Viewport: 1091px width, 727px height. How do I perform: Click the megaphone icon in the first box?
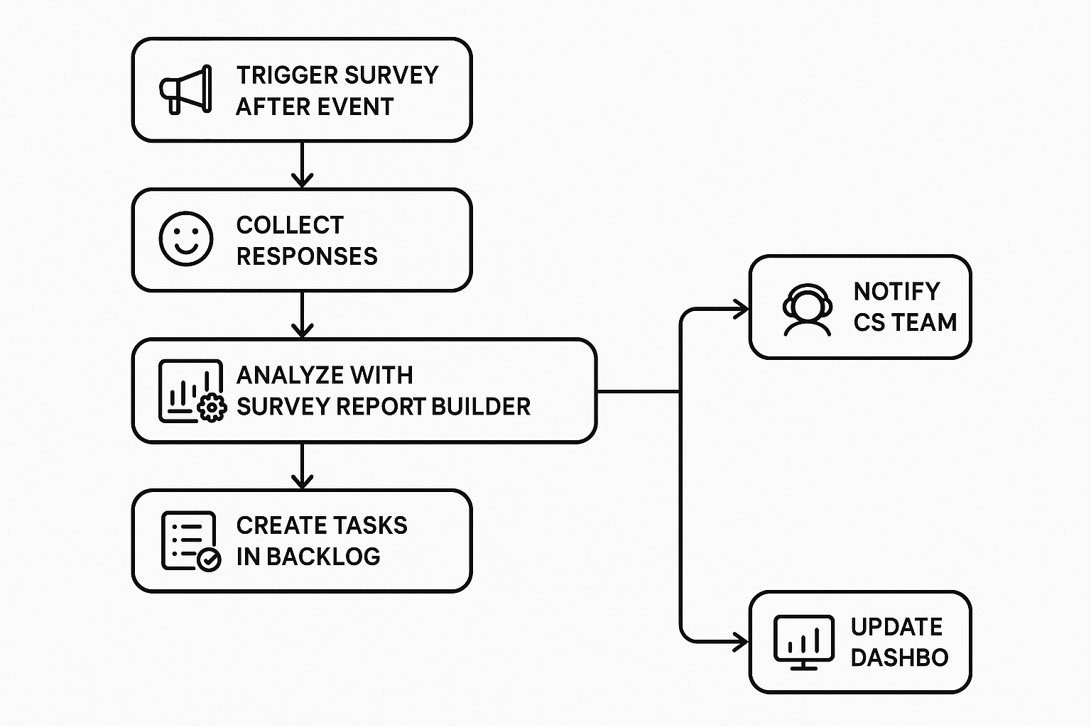(185, 90)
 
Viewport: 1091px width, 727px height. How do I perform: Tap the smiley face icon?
(185, 239)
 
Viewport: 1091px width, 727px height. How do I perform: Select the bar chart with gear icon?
(190, 391)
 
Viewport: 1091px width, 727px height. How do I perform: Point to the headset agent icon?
(807, 310)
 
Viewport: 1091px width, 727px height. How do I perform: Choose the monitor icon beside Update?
(803, 643)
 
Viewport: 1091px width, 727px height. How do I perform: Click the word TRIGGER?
(278, 75)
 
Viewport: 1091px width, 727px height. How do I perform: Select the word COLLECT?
(290, 225)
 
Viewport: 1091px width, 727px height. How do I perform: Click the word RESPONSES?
(307, 256)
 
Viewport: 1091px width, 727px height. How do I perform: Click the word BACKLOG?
(323, 557)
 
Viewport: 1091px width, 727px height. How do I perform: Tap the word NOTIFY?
(896, 291)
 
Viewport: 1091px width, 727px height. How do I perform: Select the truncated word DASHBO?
(899, 657)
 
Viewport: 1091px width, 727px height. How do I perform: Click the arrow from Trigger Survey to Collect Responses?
(303, 165)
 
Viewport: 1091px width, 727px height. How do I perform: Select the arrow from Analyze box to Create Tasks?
(303, 466)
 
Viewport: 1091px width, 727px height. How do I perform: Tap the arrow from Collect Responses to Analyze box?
(303, 315)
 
